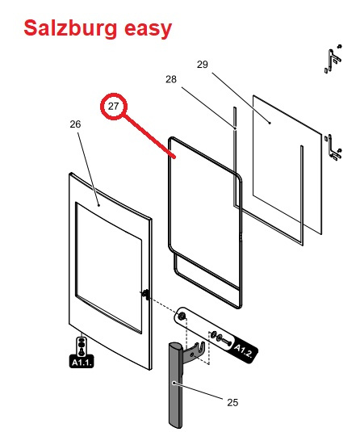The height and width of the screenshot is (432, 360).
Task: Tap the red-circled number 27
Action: coord(113,106)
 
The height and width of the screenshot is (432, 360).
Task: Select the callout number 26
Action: coord(75,124)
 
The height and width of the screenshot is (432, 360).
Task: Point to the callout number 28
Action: coord(171,79)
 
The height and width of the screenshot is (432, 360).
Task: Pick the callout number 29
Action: coord(202,65)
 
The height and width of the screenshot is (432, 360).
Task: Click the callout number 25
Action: coord(232,402)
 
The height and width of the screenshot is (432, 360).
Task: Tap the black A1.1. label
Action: coord(82,362)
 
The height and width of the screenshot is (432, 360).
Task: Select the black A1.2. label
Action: coord(243,350)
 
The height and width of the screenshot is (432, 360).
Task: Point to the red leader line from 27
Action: coord(150,136)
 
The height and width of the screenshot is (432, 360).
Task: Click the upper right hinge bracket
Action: coord(333,58)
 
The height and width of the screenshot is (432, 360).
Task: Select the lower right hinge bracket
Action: coord(334,148)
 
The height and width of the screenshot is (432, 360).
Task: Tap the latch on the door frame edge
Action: coord(145,294)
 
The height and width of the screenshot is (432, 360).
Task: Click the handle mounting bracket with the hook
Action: coord(196,352)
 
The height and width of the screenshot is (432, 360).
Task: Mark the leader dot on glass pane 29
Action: coord(270,124)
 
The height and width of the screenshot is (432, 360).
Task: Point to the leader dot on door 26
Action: coord(99,205)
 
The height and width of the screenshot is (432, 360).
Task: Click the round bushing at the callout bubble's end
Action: coord(182,317)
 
